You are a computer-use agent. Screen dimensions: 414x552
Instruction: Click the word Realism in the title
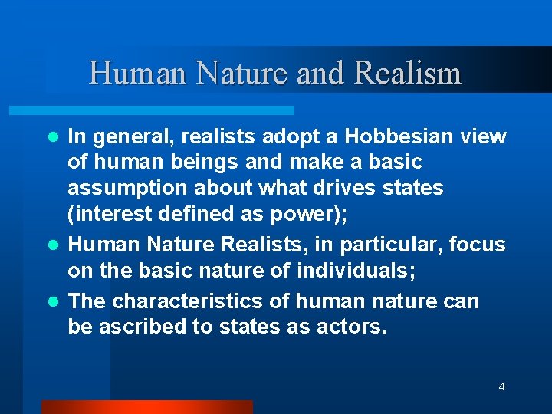[409, 74]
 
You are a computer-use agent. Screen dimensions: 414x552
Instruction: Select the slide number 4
[501, 386]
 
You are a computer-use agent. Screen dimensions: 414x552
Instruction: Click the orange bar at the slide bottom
[146, 406]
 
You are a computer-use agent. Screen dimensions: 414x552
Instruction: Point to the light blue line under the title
[169, 110]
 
